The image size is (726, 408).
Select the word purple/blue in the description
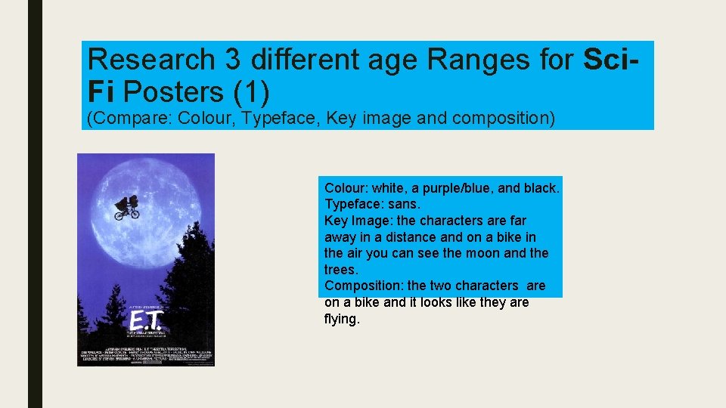coord(443,187)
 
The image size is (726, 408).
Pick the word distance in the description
coord(416,236)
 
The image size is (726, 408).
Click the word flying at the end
coord(340,319)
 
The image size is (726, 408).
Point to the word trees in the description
coord(340,270)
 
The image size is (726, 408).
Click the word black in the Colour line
coord(541,187)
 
